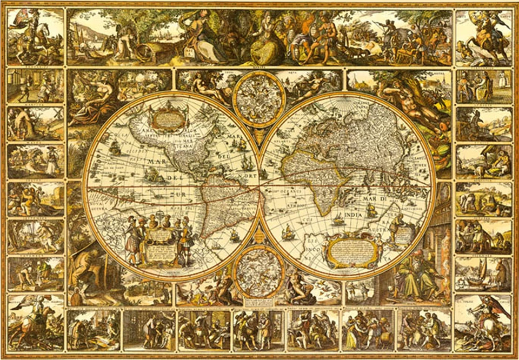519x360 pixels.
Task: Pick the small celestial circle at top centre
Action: coord(259,99)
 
